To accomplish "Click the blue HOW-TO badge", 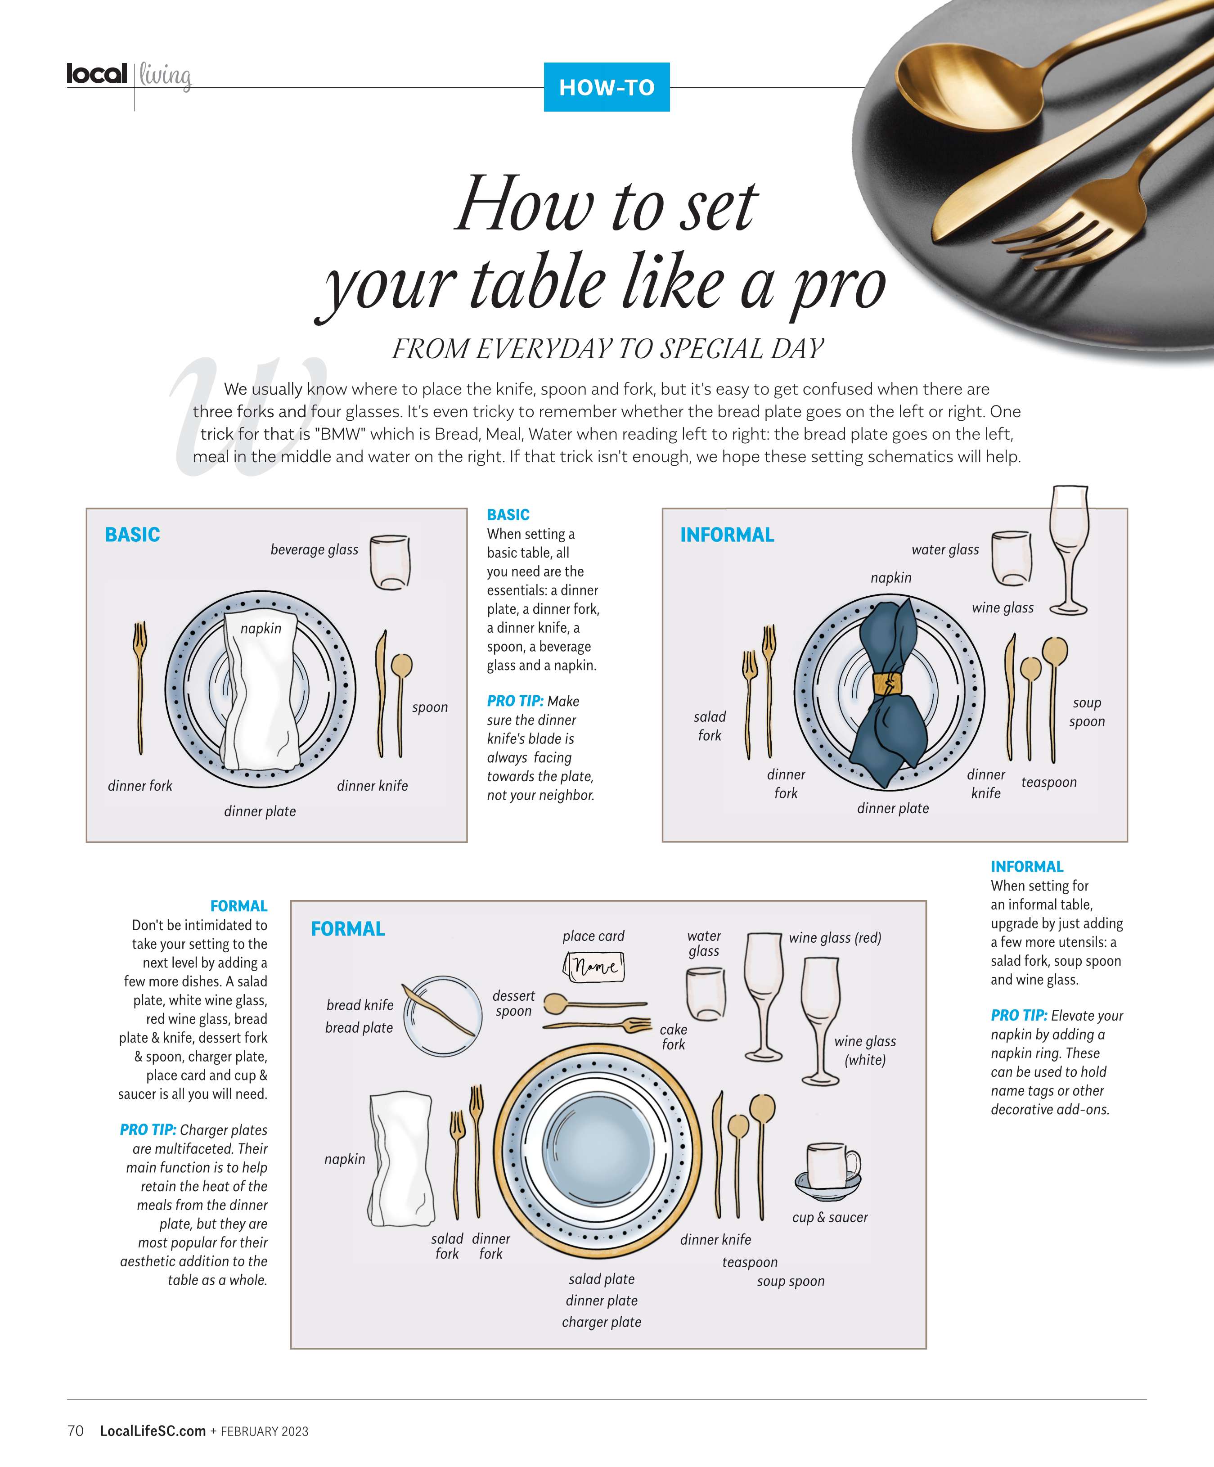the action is [606, 87].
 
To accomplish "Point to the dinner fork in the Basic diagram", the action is [140, 688].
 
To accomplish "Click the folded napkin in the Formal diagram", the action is [400, 1160].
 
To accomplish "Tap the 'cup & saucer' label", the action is [830, 1218].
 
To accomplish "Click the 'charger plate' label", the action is [602, 1323].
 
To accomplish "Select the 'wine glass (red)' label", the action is [835, 938].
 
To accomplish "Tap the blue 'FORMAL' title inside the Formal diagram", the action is [348, 929].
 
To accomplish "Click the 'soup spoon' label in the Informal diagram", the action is [1087, 712].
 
